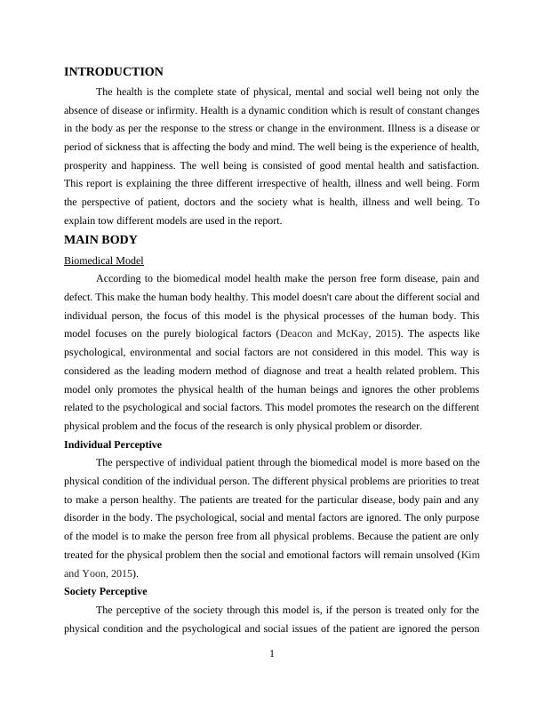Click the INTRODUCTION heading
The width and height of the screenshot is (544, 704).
(114, 72)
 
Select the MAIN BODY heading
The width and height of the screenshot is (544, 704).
(100, 240)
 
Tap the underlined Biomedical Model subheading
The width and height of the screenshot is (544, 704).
(104, 260)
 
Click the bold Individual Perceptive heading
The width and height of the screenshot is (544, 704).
(113, 444)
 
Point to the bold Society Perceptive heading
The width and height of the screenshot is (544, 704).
(106, 590)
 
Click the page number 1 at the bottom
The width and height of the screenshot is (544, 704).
(272, 655)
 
